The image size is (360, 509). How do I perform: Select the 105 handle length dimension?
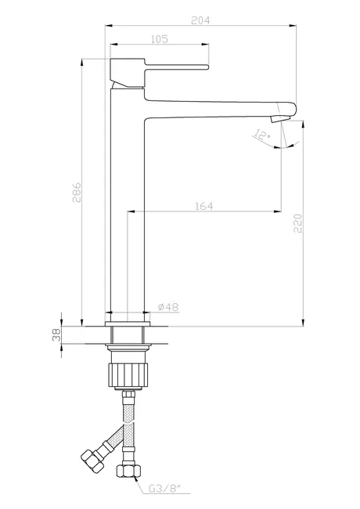(160, 38)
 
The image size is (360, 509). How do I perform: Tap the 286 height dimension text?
(77, 193)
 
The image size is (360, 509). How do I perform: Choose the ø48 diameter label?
(167, 307)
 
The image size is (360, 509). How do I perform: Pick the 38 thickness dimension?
(56, 335)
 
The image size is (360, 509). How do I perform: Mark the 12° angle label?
(261, 136)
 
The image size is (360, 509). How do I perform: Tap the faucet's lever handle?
(168, 67)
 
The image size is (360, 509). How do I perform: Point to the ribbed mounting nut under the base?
(126, 373)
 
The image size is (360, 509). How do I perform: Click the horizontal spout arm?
(219, 106)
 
